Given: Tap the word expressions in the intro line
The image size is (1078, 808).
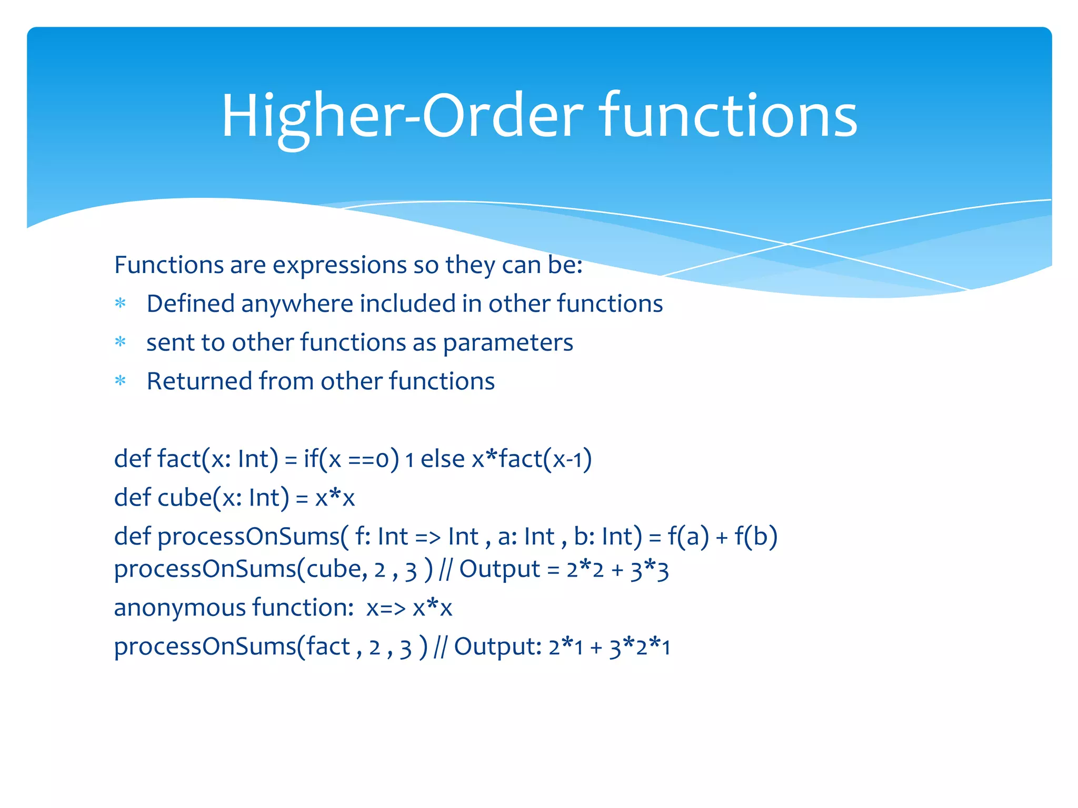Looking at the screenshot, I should (340, 265).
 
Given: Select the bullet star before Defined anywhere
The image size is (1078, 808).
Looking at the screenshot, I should (121, 304).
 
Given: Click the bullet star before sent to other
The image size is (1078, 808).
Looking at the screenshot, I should (121, 342).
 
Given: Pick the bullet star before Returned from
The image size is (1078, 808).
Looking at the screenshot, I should (121, 381).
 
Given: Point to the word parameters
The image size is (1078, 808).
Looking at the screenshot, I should (508, 343).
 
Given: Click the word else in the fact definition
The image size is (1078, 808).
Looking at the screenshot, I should (442, 459).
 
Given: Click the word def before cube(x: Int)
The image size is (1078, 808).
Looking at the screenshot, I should (133, 498).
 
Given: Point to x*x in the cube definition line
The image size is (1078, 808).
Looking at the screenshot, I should (335, 498).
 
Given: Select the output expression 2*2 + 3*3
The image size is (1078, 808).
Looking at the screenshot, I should (617, 570).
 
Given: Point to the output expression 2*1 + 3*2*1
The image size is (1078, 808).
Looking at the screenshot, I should (609, 647).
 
